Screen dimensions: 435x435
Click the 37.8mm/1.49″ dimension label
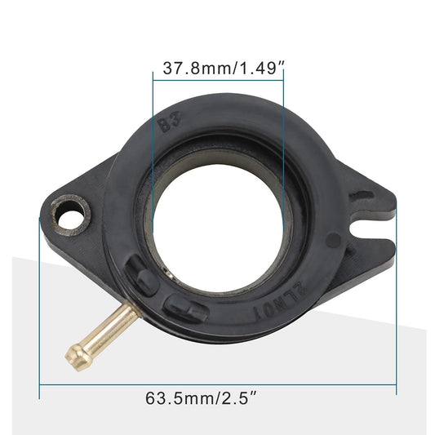[223, 69]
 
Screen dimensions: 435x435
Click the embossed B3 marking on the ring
[169, 124]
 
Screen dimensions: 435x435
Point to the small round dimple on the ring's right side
[333, 240]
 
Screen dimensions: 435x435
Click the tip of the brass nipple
[74, 353]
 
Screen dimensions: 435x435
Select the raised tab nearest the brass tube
[142, 277]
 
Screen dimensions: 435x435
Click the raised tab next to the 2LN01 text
[187, 307]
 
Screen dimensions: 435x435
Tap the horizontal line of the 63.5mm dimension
[217, 384]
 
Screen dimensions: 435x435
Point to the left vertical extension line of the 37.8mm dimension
[153, 147]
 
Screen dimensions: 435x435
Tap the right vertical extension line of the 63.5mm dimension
[396, 310]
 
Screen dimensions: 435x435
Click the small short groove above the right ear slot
[362, 196]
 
